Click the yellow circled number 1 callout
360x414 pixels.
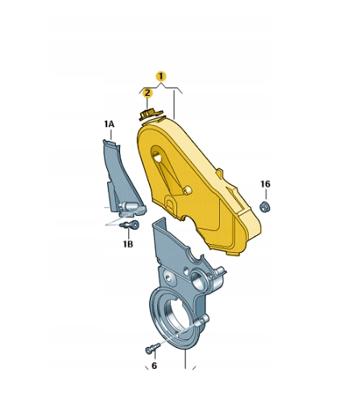[x=161, y=77]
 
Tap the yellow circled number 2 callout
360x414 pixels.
[x=147, y=93]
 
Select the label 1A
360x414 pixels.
[x=110, y=124]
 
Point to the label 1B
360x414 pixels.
[x=128, y=244]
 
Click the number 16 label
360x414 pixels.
[x=265, y=184]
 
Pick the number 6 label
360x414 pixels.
[x=154, y=366]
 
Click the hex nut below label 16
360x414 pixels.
[x=265, y=207]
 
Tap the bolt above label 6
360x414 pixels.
[x=152, y=349]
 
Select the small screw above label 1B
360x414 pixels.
[x=130, y=225]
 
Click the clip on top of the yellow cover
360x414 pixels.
[x=150, y=114]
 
